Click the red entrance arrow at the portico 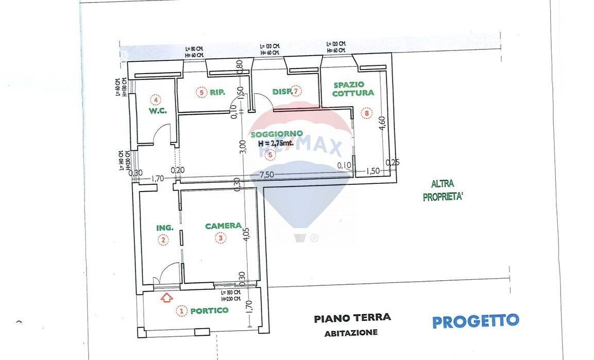click(x=166, y=297)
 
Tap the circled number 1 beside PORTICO click(x=181, y=311)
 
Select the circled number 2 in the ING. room click(x=163, y=239)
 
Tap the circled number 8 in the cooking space click(x=366, y=113)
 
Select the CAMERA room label click(x=223, y=226)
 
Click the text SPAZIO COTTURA click(x=353, y=89)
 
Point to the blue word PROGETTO click(x=475, y=321)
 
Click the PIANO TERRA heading click(x=352, y=318)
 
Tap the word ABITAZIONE click(x=351, y=333)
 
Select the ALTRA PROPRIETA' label click(x=443, y=191)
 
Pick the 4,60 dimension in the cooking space click(x=382, y=125)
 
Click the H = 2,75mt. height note click(x=276, y=144)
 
